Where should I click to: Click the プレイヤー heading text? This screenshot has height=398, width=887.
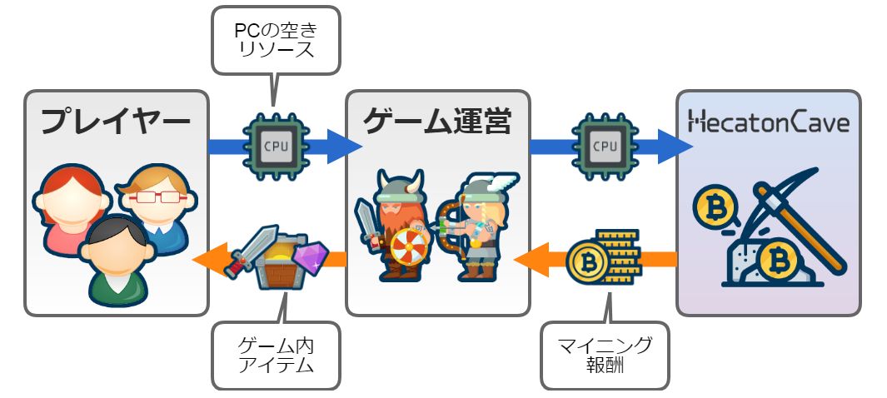(116, 123)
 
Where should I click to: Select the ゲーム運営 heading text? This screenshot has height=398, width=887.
(437, 122)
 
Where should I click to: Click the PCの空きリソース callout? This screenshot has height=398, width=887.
(275, 38)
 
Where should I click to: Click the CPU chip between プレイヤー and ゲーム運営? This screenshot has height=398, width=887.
(276, 147)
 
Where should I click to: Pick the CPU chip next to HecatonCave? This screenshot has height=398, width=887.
(605, 147)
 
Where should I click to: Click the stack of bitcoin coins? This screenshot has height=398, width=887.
(604, 258)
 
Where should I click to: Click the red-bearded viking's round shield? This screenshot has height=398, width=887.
(407, 247)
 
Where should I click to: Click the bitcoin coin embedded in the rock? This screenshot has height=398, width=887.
(776, 260)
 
